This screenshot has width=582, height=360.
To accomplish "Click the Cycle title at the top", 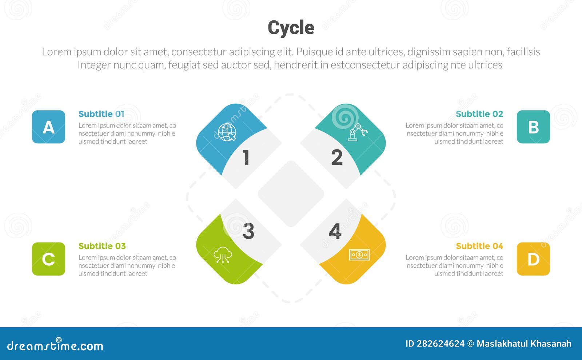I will [x=291, y=28].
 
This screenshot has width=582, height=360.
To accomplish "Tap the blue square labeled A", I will [x=48, y=127].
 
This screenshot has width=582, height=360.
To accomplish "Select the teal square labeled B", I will [x=533, y=127].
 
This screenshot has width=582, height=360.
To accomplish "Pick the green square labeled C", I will [x=48, y=259].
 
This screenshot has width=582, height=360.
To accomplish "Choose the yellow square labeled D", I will [x=533, y=259].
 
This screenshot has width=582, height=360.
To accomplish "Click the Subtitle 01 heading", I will [x=101, y=114].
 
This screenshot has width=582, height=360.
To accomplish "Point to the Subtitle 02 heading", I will [x=479, y=114].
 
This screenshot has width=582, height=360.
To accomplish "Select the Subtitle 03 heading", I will [x=102, y=246].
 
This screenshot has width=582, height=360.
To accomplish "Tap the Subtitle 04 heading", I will [x=479, y=246].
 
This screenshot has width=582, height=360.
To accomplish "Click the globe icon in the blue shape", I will [x=227, y=132].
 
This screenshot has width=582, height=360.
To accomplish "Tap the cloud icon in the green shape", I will [x=223, y=255].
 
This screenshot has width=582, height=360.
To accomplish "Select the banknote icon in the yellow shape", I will [x=359, y=255].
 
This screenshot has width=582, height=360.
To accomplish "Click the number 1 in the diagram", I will [x=246, y=158].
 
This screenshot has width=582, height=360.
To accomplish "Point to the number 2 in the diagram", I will [x=336, y=158].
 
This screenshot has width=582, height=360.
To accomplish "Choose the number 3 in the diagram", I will [x=248, y=231].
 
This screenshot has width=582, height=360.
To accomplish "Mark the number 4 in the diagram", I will [x=335, y=231].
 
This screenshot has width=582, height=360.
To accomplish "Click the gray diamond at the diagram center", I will [x=291, y=193].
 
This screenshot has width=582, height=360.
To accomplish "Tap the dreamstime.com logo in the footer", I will [x=55, y=345].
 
